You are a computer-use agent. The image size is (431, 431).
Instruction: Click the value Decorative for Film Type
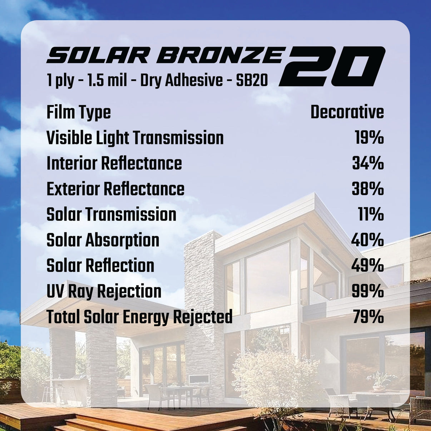tap(347, 112)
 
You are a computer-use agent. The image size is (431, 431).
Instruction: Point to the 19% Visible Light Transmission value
tap(369, 138)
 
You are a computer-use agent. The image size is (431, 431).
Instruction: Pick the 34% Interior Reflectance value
tap(368, 163)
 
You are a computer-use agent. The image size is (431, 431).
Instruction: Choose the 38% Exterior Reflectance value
tap(368, 189)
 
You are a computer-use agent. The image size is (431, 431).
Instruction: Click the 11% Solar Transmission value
tap(371, 214)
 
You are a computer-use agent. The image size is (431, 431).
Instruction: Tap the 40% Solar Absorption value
tap(367, 240)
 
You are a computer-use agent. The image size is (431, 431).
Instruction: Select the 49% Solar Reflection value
tap(368, 266)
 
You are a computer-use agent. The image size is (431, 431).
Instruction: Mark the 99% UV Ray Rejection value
tap(368, 292)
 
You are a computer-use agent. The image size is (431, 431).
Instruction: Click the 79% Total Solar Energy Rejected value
tap(368, 317)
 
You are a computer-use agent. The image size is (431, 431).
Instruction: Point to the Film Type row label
tap(79, 113)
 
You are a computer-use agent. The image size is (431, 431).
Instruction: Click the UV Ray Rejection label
tap(104, 292)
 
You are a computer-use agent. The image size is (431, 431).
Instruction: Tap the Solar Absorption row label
tap(103, 240)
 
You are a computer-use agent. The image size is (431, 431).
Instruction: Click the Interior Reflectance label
tap(114, 163)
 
